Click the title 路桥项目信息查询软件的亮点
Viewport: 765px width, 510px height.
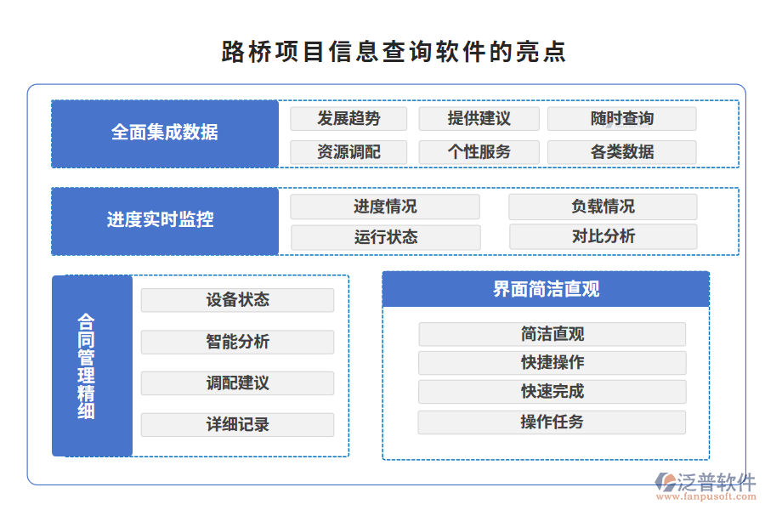point(394,52)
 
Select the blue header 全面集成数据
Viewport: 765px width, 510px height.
point(165,133)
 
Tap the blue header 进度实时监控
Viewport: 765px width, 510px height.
point(165,220)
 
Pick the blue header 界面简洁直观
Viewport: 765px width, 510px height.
point(546,289)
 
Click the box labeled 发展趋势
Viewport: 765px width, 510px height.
point(348,119)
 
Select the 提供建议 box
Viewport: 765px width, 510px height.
point(479,119)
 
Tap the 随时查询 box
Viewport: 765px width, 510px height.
point(621,119)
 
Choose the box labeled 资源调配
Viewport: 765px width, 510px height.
point(348,152)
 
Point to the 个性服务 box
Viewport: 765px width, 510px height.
point(479,152)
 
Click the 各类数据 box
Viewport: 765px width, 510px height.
point(621,152)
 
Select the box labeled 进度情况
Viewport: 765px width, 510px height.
point(385,207)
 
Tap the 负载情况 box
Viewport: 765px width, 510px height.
point(603,207)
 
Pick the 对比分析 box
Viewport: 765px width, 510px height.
point(603,236)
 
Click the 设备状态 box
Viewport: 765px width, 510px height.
point(237,300)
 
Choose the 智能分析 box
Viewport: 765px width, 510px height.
point(237,342)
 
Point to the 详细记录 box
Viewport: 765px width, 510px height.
point(237,424)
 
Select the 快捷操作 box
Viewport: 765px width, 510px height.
point(552,363)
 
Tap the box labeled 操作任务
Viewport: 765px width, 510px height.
point(552,422)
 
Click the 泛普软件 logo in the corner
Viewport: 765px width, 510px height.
point(705,485)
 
